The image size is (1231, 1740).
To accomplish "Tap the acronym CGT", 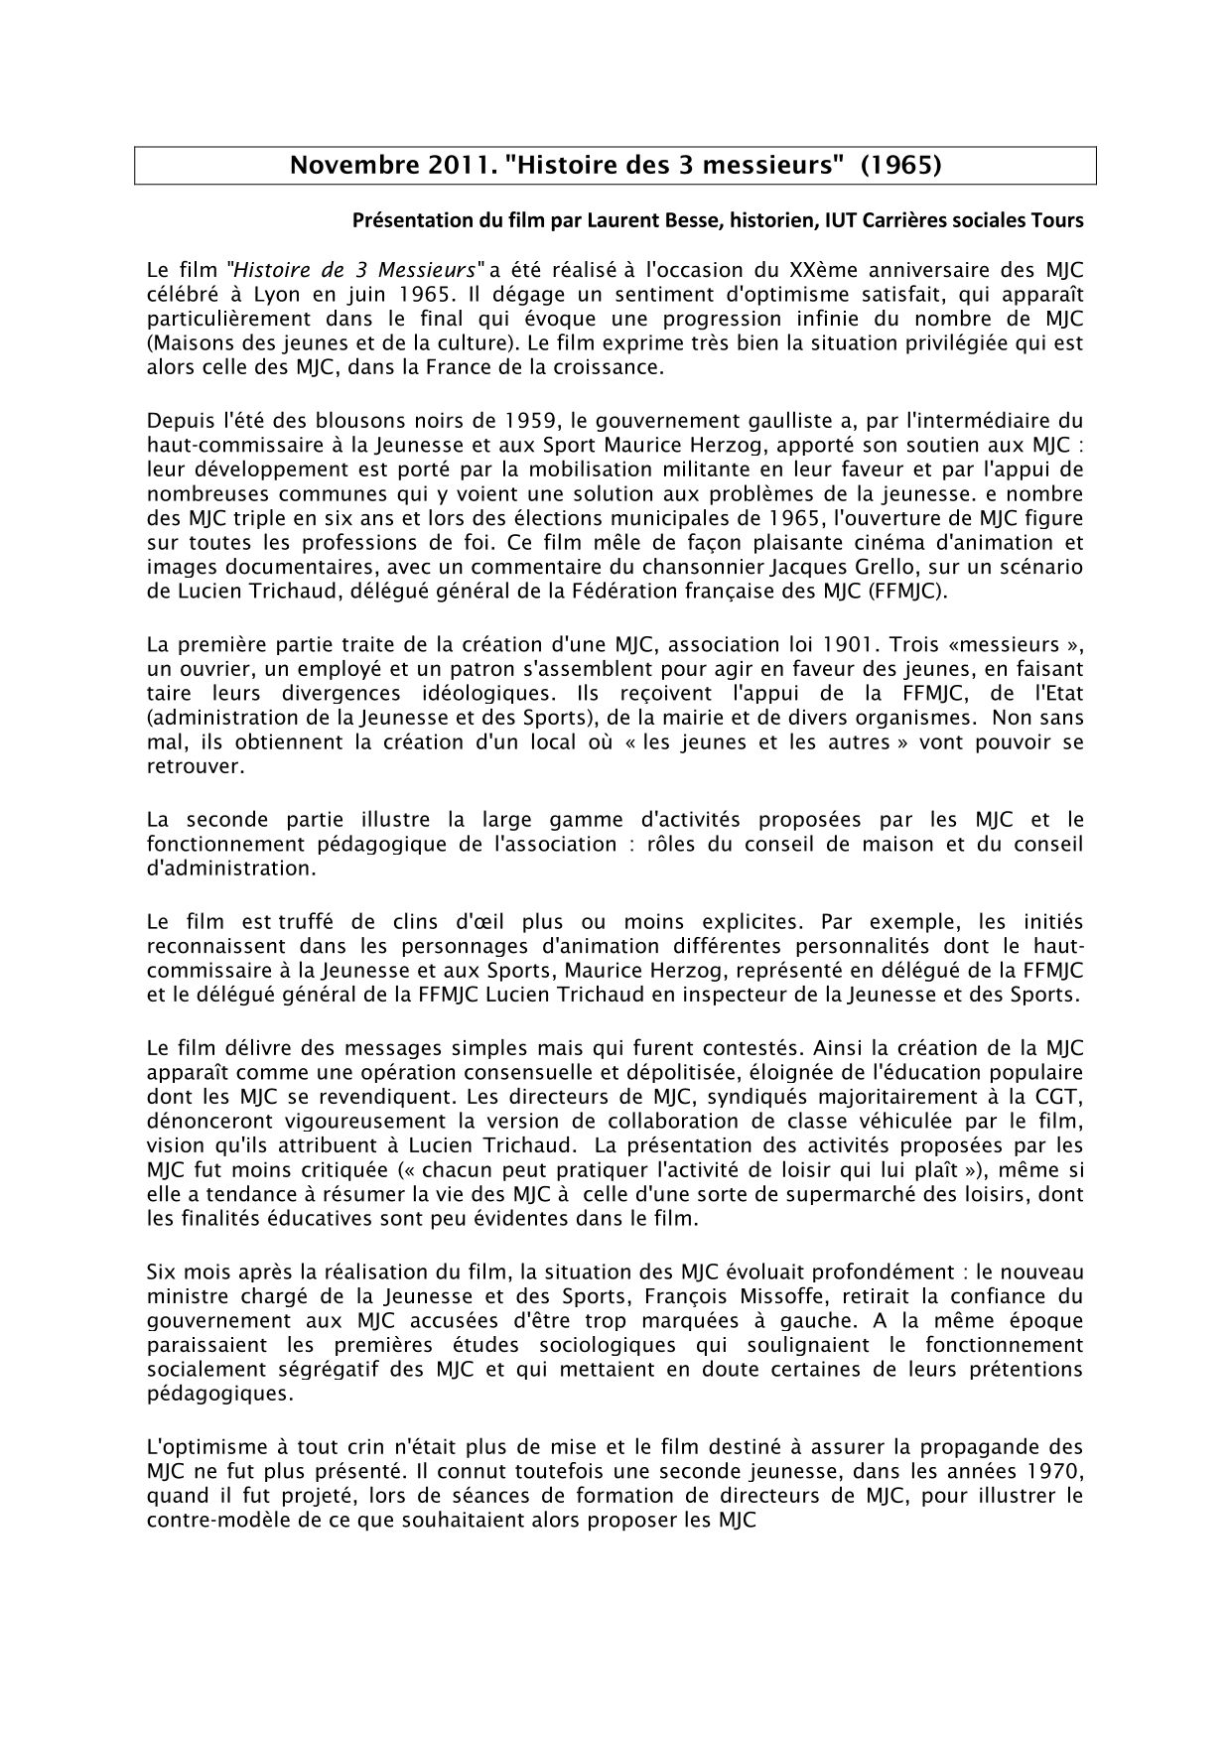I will click(x=1061, y=1122).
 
